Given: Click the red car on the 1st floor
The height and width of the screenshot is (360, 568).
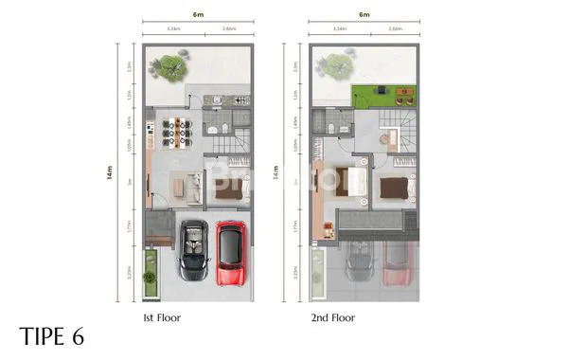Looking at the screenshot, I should pos(231,253).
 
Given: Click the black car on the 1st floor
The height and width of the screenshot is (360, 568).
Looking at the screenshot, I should pos(195,252).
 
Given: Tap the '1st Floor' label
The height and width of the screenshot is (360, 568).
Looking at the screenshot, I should pos(163,318).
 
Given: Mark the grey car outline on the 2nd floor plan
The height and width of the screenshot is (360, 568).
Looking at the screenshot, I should pos(360,261).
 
